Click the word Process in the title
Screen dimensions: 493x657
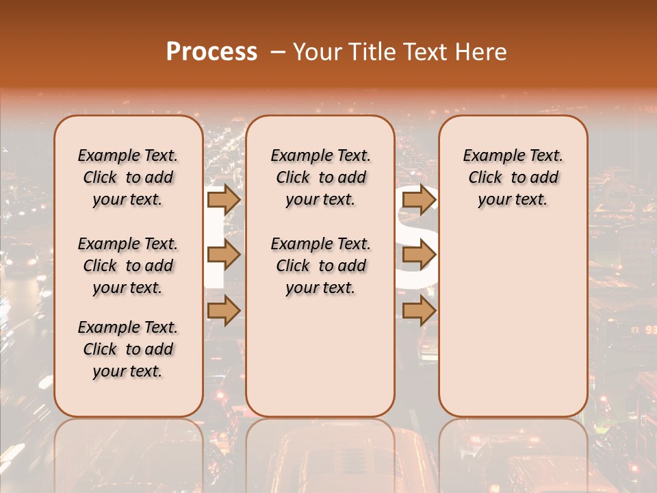(x=211, y=52)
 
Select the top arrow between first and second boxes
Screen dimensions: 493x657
(x=223, y=199)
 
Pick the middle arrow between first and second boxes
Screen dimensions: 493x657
(x=223, y=255)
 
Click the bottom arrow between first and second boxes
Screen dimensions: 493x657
(x=223, y=310)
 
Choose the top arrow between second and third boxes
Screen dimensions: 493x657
(x=419, y=199)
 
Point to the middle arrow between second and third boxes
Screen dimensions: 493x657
(x=419, y=255)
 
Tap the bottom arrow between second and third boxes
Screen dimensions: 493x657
(x=419, y=310)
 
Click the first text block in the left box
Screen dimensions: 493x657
(x=128, y=177)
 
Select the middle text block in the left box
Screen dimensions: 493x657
(x=128, y=266)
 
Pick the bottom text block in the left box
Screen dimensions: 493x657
(x=128, y=349)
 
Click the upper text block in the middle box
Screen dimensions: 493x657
(x=320, y=177)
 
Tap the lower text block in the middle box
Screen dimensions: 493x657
(x=320, y=266)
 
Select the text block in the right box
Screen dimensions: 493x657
(x=513, y=177)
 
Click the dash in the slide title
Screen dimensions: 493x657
(x=277, y=52)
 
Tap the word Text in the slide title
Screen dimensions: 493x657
(x=424, y=52)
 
